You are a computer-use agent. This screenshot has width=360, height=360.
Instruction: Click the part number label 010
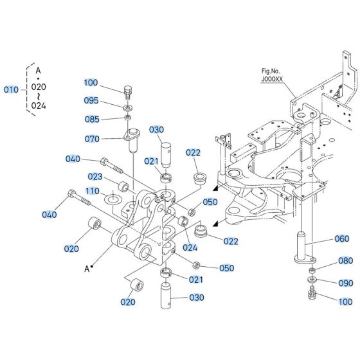point(12,89)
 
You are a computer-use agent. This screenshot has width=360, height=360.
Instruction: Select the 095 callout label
point(91,100)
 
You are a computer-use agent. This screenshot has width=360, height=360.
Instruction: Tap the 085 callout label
point(91,119)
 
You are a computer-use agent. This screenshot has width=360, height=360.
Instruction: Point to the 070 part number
point(93,138)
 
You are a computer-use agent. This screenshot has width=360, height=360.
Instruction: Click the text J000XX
point(272,80)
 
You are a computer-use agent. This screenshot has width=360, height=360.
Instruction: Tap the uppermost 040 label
point(73,159)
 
